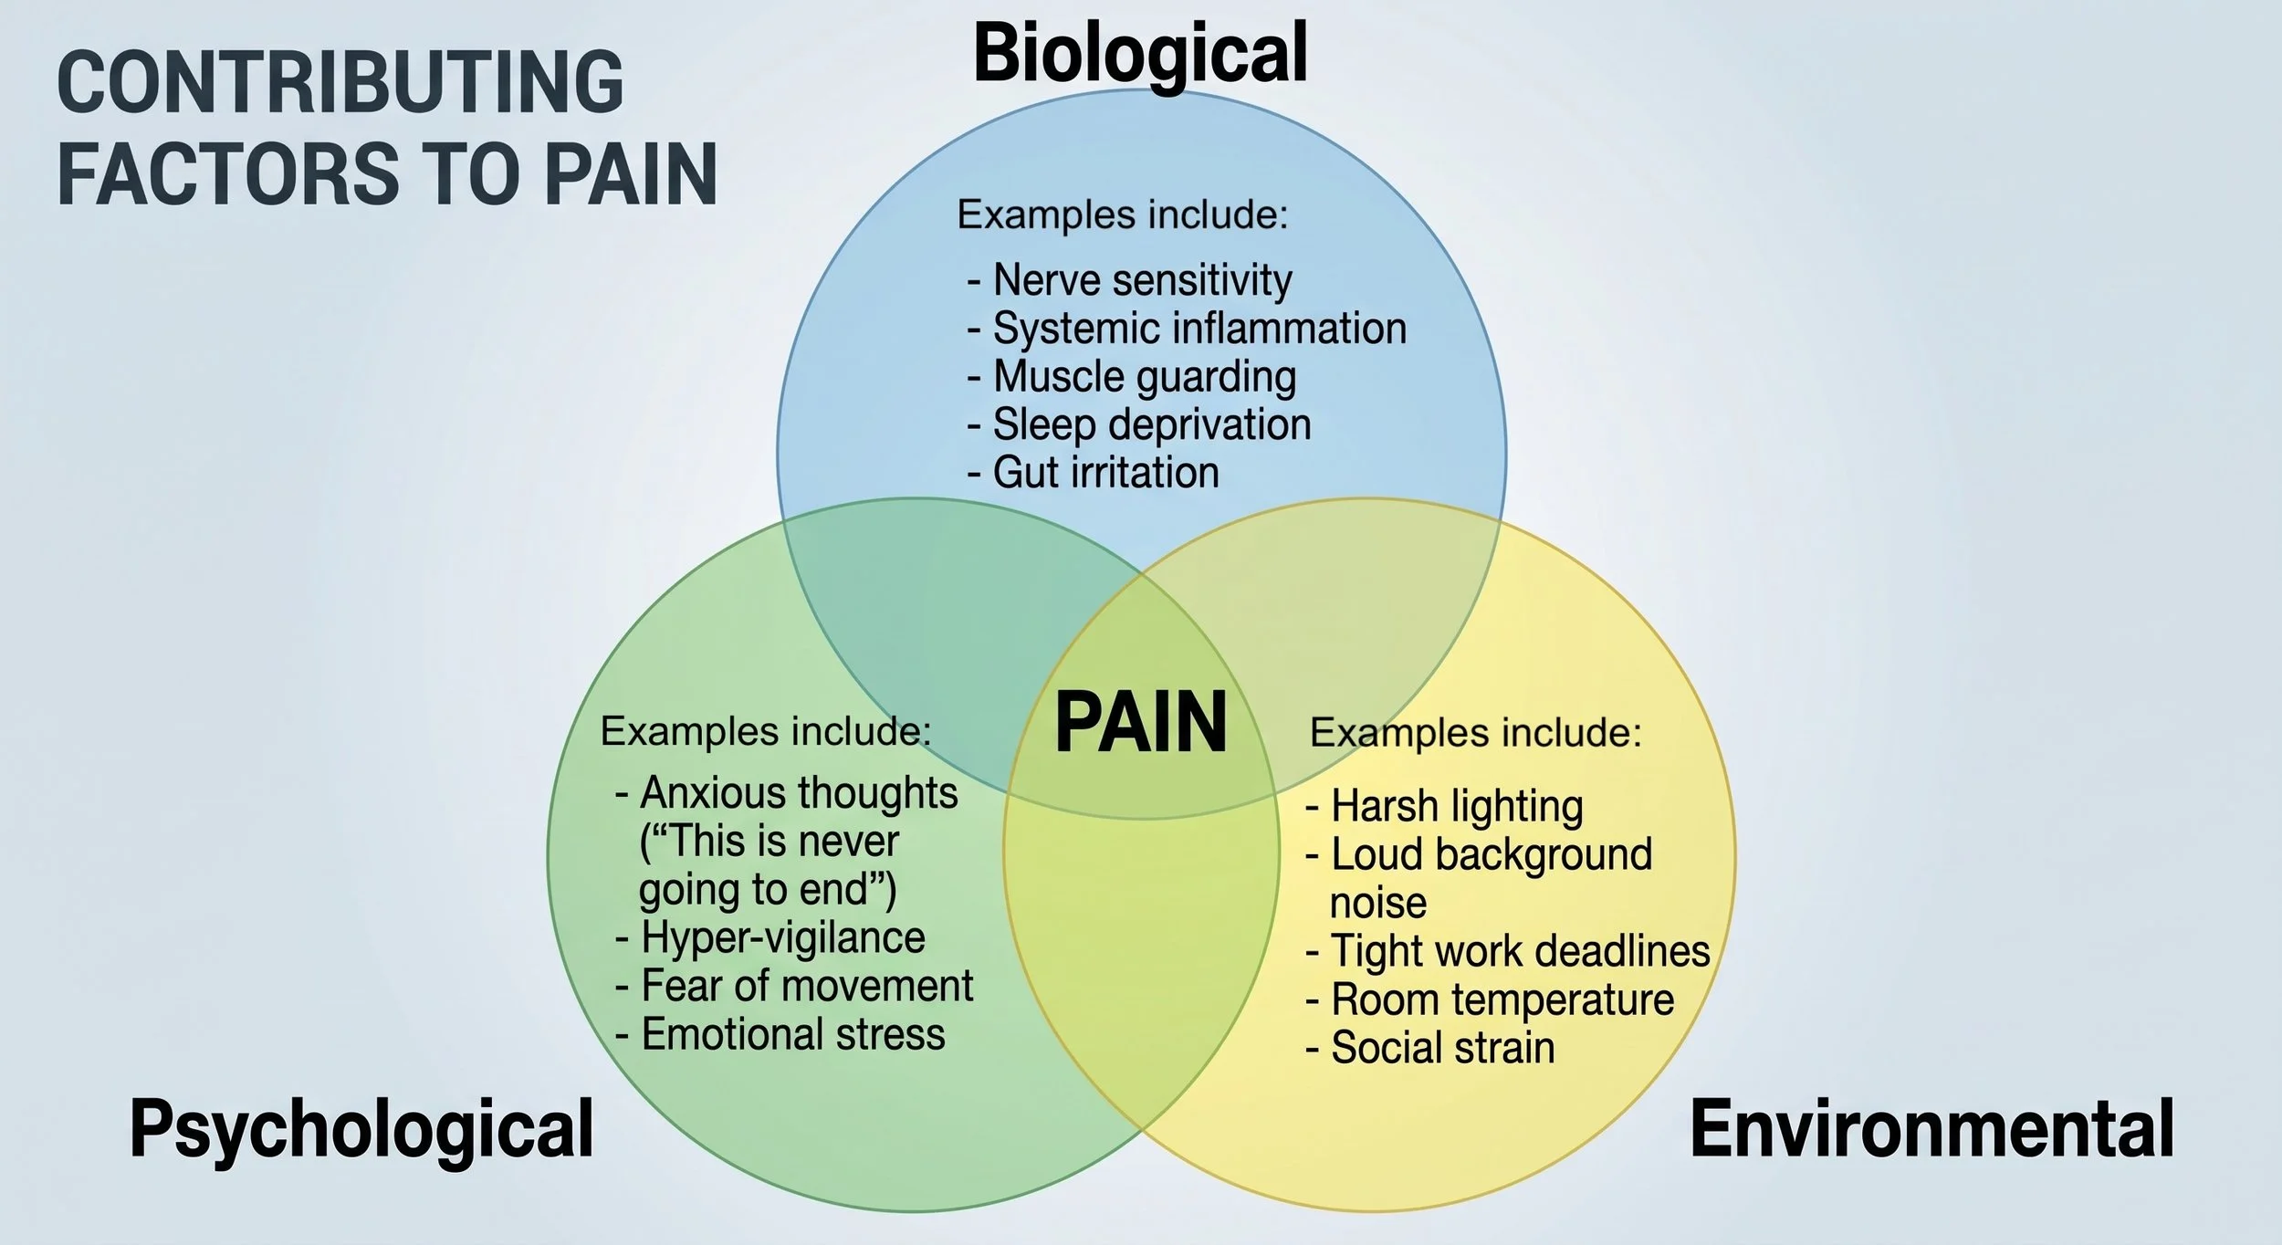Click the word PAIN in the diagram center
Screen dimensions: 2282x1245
(x=1140, y=723)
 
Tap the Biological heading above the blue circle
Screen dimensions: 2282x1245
(x=1141, y=55)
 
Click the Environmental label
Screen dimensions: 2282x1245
(x=1932, y=1129)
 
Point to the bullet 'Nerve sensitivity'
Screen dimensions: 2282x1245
(x=1130, y=280)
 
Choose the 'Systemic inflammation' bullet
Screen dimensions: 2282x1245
(x=1188, y=329)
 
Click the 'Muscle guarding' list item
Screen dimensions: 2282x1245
(x=1132, y=377)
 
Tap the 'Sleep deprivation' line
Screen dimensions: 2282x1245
(x=1139, y=425)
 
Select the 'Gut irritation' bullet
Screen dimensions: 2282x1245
(x=1094, y=473)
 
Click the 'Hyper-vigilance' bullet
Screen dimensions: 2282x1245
(x=770, y=938)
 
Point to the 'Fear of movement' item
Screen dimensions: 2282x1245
(x=794, y=986)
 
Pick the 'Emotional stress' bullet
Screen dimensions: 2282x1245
(x=780, y=1034)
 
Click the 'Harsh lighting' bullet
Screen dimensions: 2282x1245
(x=1444, y=807)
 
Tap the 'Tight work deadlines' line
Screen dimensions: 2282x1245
(x=1508, y=951)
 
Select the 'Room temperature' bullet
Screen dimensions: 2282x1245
(x=1490, y=999)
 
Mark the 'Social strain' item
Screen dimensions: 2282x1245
(x=1430, y=1048)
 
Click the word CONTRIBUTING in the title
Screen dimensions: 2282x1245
(x=340, y=82)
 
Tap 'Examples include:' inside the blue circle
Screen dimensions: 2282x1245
(x=1122, y=215)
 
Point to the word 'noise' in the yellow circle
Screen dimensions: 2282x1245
(x=1377, y=904)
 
